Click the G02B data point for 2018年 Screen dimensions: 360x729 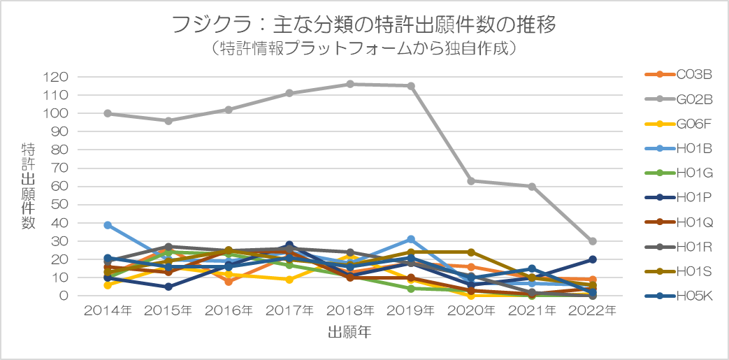coord(350,84)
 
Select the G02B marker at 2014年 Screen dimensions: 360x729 coord(108,113)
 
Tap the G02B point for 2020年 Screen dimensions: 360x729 coord(471,181)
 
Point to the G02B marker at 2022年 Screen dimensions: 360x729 coord(593,241)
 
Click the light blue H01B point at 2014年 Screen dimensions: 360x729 coord(108,225)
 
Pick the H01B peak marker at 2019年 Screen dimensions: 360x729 coord(411,239)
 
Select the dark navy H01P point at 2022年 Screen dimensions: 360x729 coord(593,259)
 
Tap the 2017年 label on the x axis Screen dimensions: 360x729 coord(289,311)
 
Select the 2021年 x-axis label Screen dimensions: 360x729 coord(532,311)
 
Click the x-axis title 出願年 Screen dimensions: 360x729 coord(349,333)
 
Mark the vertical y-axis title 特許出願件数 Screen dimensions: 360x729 coord(29,185)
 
